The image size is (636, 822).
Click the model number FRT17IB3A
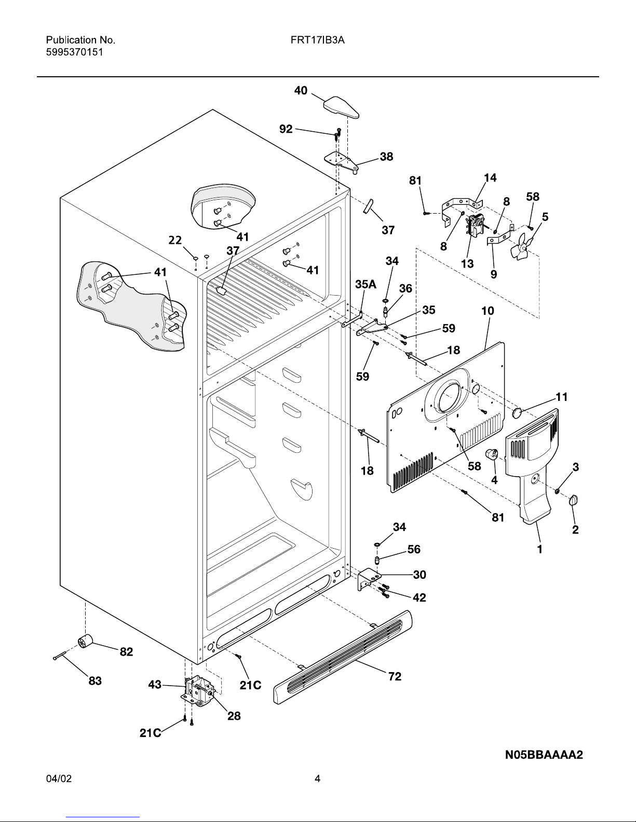pyautogui.click(x=317, y=40)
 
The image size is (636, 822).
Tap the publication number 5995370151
pyautogui.click(x=75, y=52)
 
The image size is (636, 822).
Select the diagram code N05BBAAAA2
pyautogui.click(x=544, y=755)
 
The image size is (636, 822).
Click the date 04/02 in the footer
pyautogui.click(x=59, y=778)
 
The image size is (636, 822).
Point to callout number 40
pyautogui.click(x=301, y=90)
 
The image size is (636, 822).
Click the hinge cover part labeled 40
pyautogui.click(x=341, y=107)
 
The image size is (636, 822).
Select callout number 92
pyautogui.click(x=286, y=129)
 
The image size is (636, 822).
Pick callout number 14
pyautogui.click(x=490, y=177)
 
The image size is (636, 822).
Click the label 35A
pyautogui.click(x=366, y=284)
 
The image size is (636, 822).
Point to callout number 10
pyautogui.click(x=488, y=311)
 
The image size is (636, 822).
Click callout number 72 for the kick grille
pyautogui.click(x=395, y=676)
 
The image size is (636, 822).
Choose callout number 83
pyautogui.click(x=95, y=680)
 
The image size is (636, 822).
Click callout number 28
pyautogui.click(x=234, y=715)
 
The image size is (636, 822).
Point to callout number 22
pyautogui.click(x=175, y=240)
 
